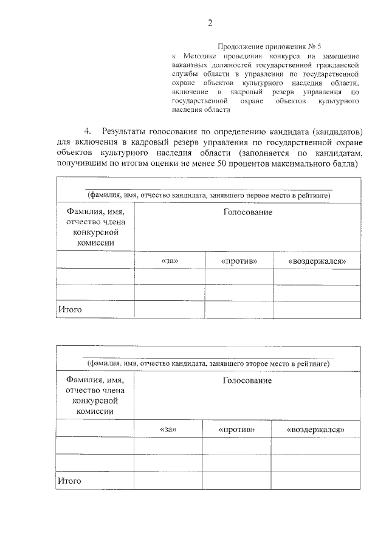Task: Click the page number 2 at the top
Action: [210, 23]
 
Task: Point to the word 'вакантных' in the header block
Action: [189, 64]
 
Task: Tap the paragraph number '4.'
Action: [89, 131]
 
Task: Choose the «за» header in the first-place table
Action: [170, 261]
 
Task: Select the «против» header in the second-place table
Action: [236, 429]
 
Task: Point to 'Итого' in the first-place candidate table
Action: [70, 309]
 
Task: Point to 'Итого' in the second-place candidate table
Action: [70, 481]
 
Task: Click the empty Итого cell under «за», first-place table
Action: [170, 309]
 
